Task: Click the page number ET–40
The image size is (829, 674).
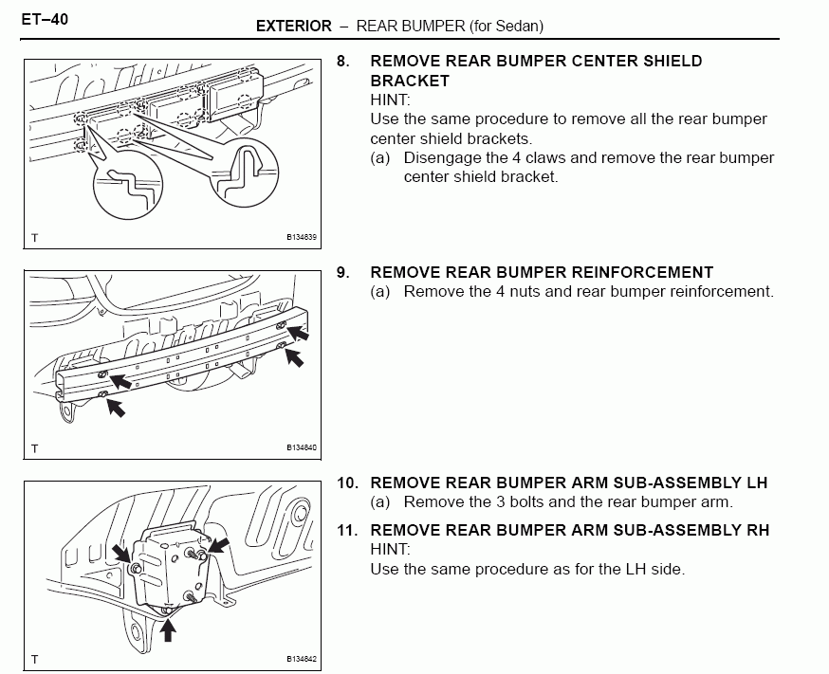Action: pos(45,19)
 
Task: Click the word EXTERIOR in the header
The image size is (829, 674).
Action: pos(294,27)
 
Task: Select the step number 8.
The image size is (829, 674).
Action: pos(343,62)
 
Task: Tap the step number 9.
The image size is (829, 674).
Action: pos(343,273)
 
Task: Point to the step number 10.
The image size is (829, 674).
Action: pos(346,483)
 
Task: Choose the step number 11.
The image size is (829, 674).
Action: pos(346,531)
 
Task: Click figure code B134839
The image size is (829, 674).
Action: pos(302,238)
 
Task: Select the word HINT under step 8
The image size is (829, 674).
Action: pos(390,100)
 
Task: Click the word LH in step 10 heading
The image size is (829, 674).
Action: pos(756,483)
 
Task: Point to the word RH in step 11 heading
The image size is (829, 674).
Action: pos(757,531)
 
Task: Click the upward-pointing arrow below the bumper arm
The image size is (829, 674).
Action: pos(169,628)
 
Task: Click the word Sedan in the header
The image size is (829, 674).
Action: pos(519,27)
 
